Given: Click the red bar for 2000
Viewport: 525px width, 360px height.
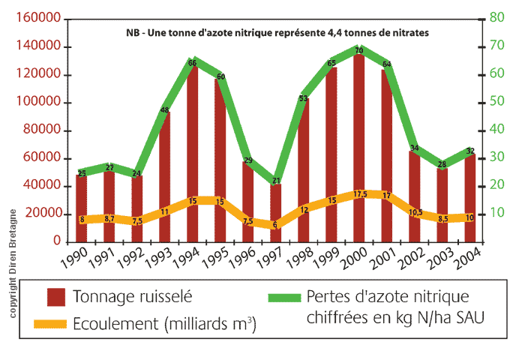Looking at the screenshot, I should pos(359,150).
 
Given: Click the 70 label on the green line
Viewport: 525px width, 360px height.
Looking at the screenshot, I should pos(359,51).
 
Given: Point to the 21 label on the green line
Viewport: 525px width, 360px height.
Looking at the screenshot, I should pos(276,181).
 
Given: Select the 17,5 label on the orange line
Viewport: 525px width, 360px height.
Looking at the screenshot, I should pos(359,194).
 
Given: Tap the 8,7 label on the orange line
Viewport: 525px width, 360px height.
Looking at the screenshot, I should pos(109,218).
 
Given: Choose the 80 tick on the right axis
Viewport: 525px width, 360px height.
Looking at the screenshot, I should pos(495,17).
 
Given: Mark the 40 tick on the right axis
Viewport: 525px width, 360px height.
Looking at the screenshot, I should pos(495,129).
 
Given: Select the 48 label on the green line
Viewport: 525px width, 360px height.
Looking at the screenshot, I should pos(165,111).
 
